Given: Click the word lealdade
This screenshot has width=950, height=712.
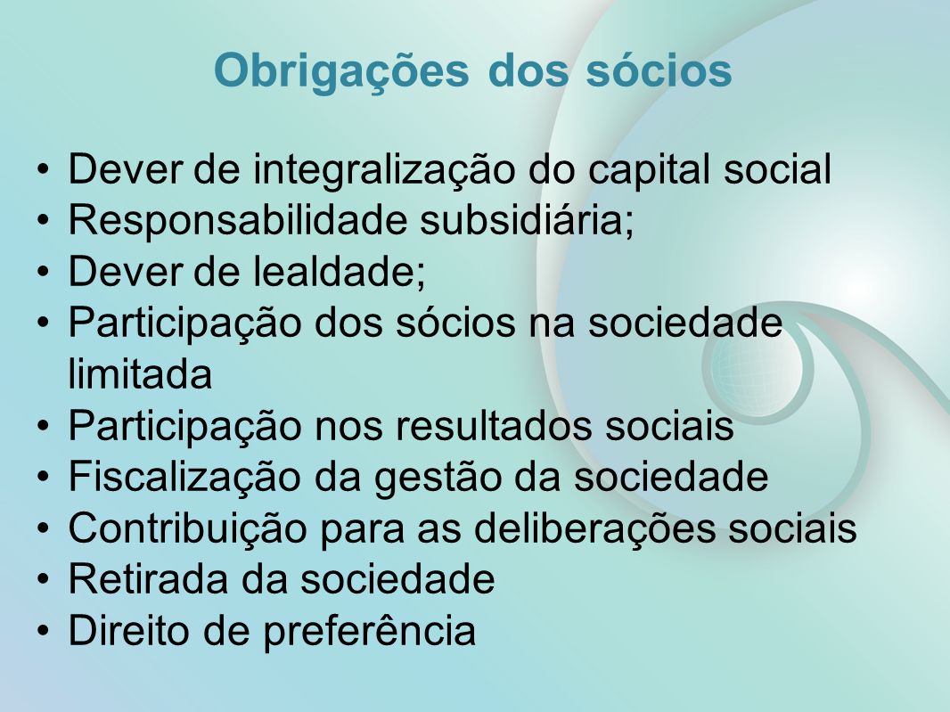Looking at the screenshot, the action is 339,271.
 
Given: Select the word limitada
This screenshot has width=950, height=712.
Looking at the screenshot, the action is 140,373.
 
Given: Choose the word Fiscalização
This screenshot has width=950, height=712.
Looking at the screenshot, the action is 184,478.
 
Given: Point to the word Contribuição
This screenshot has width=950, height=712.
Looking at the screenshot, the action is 188,528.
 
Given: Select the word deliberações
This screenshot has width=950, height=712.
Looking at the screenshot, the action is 594,528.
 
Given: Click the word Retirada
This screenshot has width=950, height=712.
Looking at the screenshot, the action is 149,578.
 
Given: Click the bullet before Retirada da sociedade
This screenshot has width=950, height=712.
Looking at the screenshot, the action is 43,580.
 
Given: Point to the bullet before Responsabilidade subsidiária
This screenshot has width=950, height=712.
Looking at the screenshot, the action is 43,222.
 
